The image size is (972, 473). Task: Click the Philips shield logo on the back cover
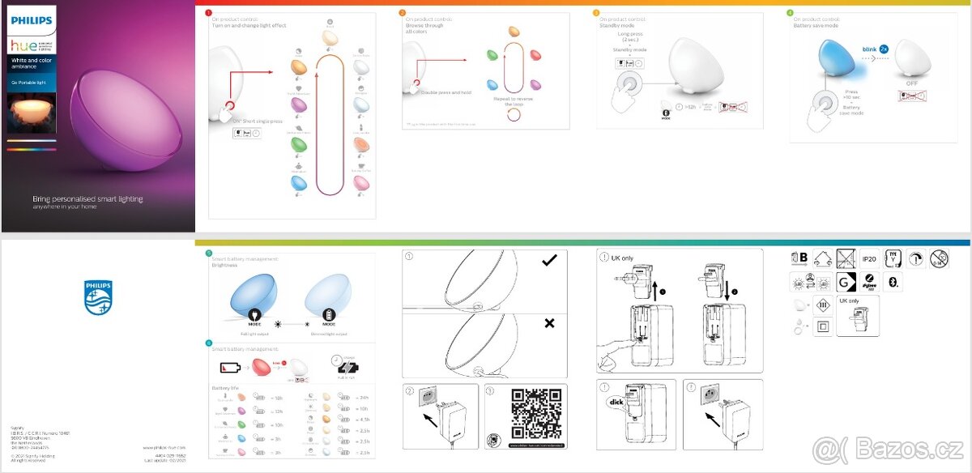point(98,297)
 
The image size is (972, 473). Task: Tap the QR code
point(536,413)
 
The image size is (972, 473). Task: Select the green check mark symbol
point(550,260)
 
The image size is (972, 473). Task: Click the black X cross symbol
point(549,323)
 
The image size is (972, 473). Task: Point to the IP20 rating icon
point(870,258)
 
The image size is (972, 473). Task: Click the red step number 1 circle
point(208,13)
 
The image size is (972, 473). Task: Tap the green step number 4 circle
point(790,13)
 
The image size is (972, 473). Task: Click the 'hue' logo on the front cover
point(22,47)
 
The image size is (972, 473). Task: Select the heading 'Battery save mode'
point(816,25)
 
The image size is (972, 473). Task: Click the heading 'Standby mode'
point(617,25)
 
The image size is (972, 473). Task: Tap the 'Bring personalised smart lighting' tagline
point(87,198)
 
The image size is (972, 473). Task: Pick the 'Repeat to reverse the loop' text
point(514,100)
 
